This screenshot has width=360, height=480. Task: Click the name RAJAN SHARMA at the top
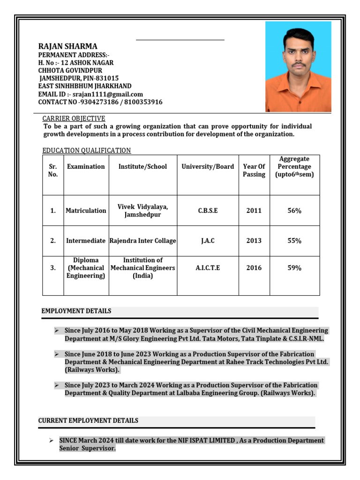67,46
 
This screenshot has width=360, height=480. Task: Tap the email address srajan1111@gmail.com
108,94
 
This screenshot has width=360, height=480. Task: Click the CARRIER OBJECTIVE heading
74,119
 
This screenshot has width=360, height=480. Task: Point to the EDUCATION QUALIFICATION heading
86,150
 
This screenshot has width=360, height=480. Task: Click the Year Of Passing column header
254,171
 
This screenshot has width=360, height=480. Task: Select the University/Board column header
208,167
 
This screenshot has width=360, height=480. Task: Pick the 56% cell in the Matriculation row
294,211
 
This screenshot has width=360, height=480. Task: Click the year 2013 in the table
254,241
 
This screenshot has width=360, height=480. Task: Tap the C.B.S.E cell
208,211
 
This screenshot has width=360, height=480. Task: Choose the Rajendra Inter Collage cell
142,241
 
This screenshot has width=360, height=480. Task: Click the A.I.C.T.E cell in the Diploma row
208,268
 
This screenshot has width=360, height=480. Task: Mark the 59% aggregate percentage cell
294,268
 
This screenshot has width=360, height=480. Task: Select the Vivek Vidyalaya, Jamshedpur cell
142,211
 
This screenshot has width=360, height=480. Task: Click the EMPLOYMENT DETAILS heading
76,311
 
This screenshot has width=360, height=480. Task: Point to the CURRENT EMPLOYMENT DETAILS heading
88,421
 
